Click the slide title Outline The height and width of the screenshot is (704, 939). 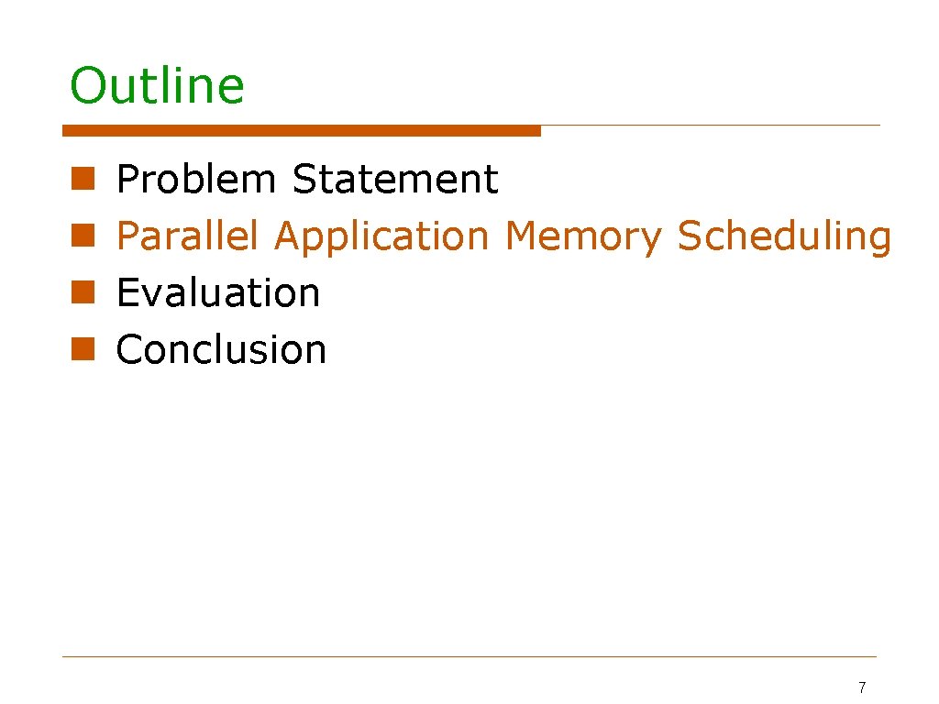pos(157,86)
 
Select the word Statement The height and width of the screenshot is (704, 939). pos(395,179)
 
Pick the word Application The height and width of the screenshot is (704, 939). pos(381,236)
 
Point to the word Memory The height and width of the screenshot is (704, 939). pos(582,236)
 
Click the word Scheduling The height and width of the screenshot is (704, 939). pos(784,236)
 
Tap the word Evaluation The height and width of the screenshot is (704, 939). pos(218,293)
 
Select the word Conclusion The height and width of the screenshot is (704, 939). pos(221,350)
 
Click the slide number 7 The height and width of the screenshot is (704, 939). pos(861,687)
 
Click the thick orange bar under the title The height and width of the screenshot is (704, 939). pos(302,131)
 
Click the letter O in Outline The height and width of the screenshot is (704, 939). pos(88,86)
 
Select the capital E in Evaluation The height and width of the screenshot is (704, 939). pos(127,293)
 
